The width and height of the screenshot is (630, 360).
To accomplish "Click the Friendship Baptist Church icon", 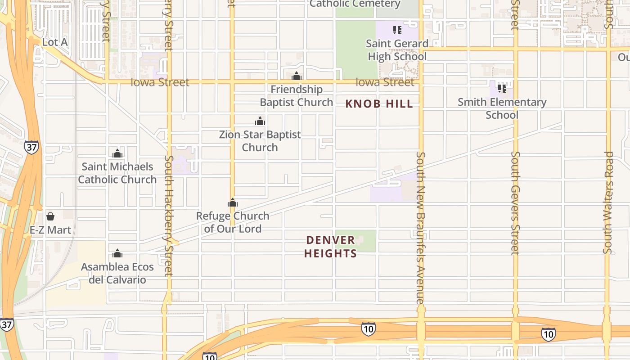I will tap(297, 76).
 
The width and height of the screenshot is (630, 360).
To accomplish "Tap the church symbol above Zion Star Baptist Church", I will tap(260, 121).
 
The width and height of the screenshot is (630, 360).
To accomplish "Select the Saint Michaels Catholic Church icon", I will tap(117, 153).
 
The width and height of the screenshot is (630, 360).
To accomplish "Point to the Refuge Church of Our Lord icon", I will tap(233, 203).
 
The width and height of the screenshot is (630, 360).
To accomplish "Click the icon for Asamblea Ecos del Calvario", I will tap(117, 253).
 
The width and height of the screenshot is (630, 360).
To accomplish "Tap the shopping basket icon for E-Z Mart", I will tap(50, 216).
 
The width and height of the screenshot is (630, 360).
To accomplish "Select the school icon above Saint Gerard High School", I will tap(397, 30).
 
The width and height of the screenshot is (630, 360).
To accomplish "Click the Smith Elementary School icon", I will tap(502, 88).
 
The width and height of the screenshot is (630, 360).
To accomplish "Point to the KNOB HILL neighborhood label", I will tap(379, 104).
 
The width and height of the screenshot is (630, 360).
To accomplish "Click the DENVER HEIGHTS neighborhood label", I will tap(331, 247).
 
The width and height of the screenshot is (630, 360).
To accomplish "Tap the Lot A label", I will tap(55, 42).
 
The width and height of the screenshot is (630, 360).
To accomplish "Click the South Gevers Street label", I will tap(515, 202).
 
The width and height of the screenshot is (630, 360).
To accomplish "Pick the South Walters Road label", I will tap(608, 202).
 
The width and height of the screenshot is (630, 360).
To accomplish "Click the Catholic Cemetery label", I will tap(355, 4).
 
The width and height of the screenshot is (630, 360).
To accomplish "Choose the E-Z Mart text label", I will tap(50, 230).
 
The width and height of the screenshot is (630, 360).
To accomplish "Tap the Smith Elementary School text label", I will tap(502, 108).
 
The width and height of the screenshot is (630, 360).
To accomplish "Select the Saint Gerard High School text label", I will tap(397, 50).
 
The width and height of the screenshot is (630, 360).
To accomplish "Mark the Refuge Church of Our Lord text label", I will tap(233, 222).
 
